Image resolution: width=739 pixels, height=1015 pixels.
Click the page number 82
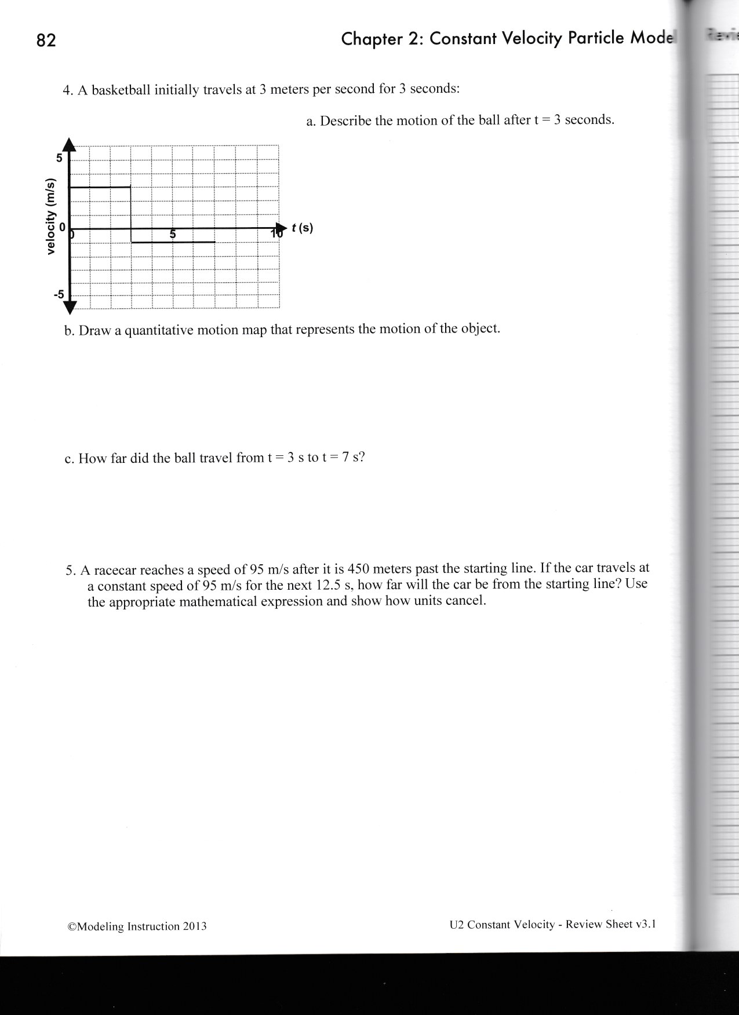[x=46, y=41]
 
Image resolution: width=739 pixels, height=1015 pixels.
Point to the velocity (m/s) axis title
[x=52, y=215]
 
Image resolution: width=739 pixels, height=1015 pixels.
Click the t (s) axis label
[x=302, y=228]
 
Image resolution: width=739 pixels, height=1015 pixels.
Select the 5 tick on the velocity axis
[x=59, y=158]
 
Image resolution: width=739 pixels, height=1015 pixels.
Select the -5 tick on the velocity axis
[x=58, y=294]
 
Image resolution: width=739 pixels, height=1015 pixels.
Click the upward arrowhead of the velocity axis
[x=70, y=145]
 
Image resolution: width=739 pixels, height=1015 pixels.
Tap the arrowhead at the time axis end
[x=282, y=228]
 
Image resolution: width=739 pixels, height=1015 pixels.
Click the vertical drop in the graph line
[x=131, y=214]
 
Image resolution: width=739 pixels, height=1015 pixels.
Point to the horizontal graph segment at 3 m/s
[x=100, y=187]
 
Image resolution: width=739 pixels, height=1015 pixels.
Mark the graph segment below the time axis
[x=173, y=242]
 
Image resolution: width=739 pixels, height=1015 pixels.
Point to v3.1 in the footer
[x=645, y=923]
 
